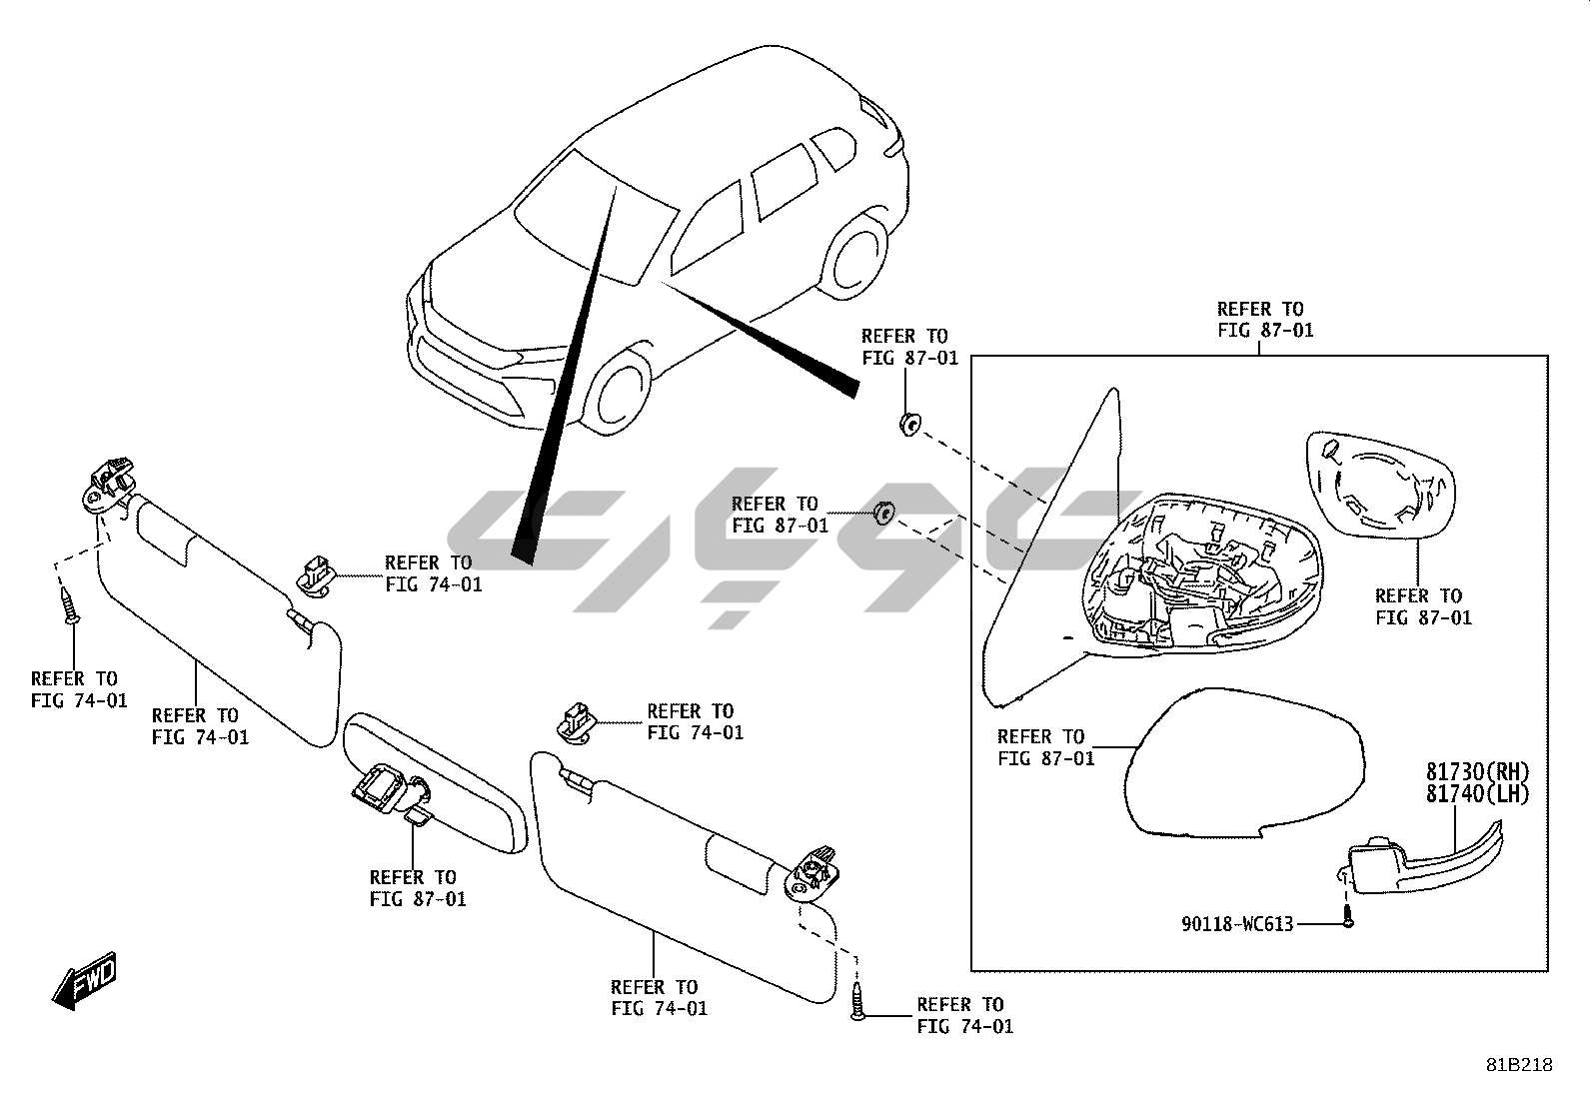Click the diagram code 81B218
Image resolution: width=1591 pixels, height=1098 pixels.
click(x=1518, y=1066)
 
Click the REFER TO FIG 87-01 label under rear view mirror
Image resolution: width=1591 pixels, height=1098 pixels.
click(x=417, y=888)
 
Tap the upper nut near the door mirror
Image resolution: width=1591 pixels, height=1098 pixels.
click(x=908, y=426)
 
